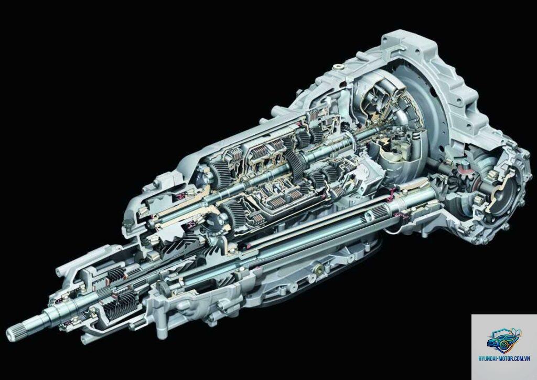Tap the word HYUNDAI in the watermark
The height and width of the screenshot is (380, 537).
tap(489, 358)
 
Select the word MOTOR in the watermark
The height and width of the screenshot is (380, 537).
tap(509, 358)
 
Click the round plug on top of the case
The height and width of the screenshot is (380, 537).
tap(338, 67)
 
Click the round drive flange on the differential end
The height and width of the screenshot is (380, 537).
tap(507, 192)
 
